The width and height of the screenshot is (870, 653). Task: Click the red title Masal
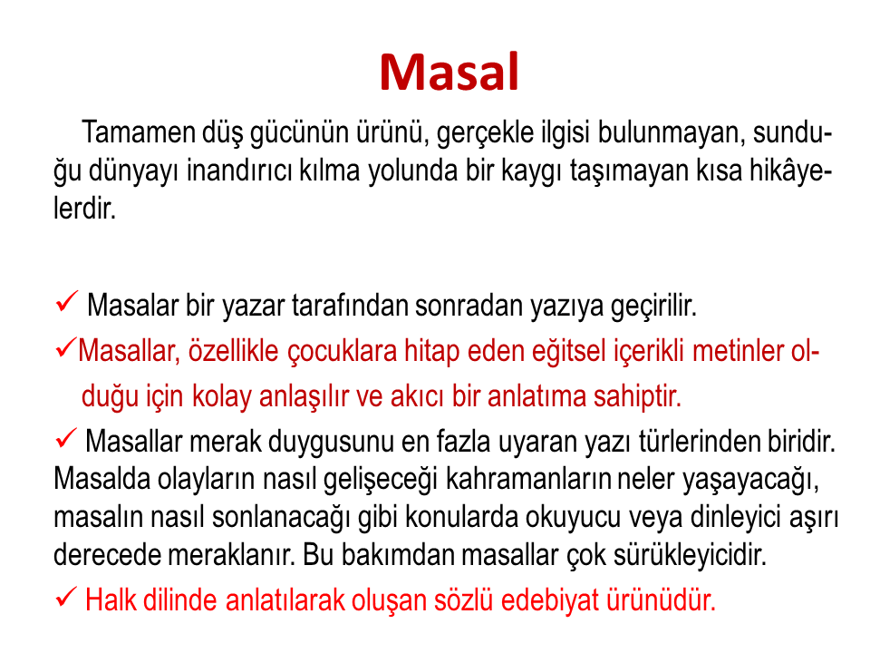pos(449,72)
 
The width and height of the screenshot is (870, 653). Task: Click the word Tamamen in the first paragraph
pos(139,132)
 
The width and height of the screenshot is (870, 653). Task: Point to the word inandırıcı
pos(238,171)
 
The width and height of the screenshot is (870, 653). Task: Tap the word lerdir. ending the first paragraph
pos(85,209)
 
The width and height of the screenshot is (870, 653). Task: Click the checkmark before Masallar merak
pos(66,439)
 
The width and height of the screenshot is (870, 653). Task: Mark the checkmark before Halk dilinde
pos(66,598)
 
